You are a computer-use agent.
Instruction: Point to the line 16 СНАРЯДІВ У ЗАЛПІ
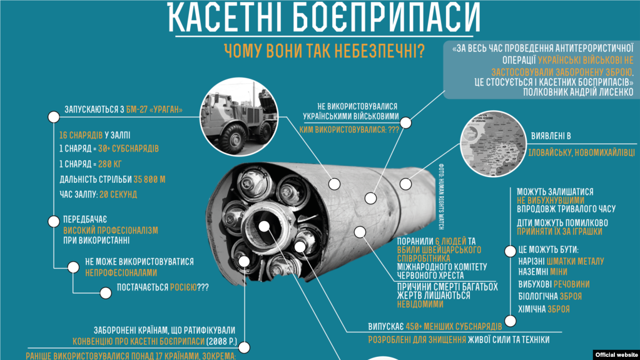click(95, 135)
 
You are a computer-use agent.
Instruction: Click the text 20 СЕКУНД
click(116, 195)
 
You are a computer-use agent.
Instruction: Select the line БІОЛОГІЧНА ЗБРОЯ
click(550, 296)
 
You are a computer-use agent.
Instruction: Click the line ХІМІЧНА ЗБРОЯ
click(543, 309)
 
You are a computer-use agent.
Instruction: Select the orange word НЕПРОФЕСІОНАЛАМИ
click(121, 273)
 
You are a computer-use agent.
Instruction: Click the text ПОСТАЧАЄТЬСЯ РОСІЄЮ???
click(163, 288)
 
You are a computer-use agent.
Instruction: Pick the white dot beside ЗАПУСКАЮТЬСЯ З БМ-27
click(52, 116)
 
